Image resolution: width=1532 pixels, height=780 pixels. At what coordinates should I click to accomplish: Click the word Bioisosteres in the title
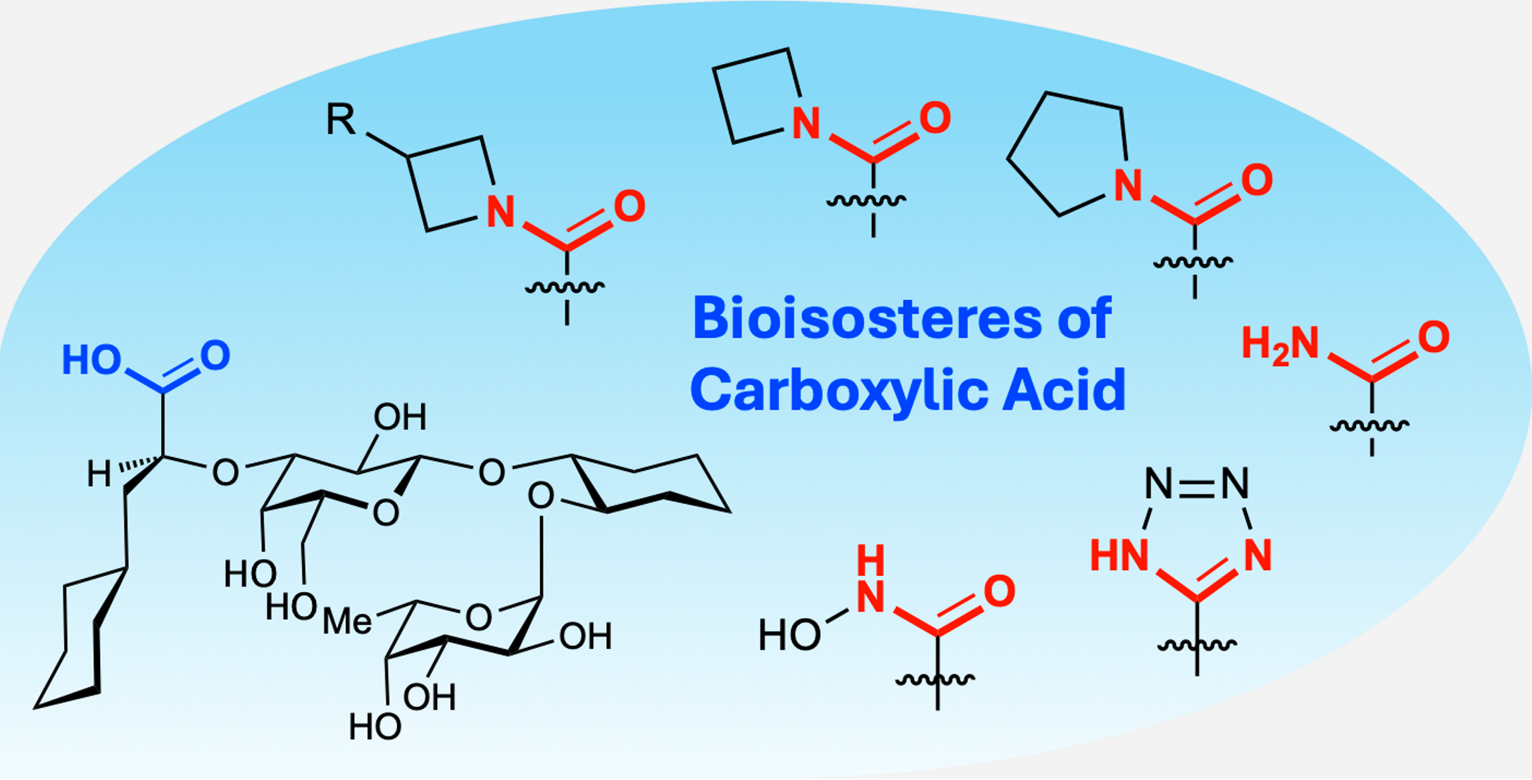pos(866,319)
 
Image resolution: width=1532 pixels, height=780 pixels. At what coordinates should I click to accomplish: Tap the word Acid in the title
pos(1065,391)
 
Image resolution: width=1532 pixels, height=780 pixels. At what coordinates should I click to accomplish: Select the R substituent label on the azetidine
pos(341,120)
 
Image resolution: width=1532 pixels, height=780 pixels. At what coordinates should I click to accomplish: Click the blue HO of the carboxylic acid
pos(91,360)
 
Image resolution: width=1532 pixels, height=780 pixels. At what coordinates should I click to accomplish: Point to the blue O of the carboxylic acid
pos(215,356)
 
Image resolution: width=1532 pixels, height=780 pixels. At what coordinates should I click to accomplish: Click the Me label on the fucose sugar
pos(347,622)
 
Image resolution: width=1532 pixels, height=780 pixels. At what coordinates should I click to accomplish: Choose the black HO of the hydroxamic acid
pos(789,636)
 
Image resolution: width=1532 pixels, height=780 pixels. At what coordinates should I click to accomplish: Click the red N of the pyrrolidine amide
pos(1128,185)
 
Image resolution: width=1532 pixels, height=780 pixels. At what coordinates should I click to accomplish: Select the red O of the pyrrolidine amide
pos(1257,180)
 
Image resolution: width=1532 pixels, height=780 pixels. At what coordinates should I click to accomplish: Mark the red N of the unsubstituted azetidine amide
pos(806,123)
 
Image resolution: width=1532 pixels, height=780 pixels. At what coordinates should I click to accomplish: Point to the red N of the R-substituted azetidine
pos(501,211)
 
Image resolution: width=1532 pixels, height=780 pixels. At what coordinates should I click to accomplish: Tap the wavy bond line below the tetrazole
pos(1197,645)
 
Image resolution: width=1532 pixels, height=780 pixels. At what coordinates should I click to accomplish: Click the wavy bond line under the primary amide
pos(1370,425)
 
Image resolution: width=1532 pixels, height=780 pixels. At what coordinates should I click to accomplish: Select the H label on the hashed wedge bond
pos(99,474)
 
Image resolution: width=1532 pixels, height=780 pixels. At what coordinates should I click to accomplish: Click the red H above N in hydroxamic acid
pos(871,560)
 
